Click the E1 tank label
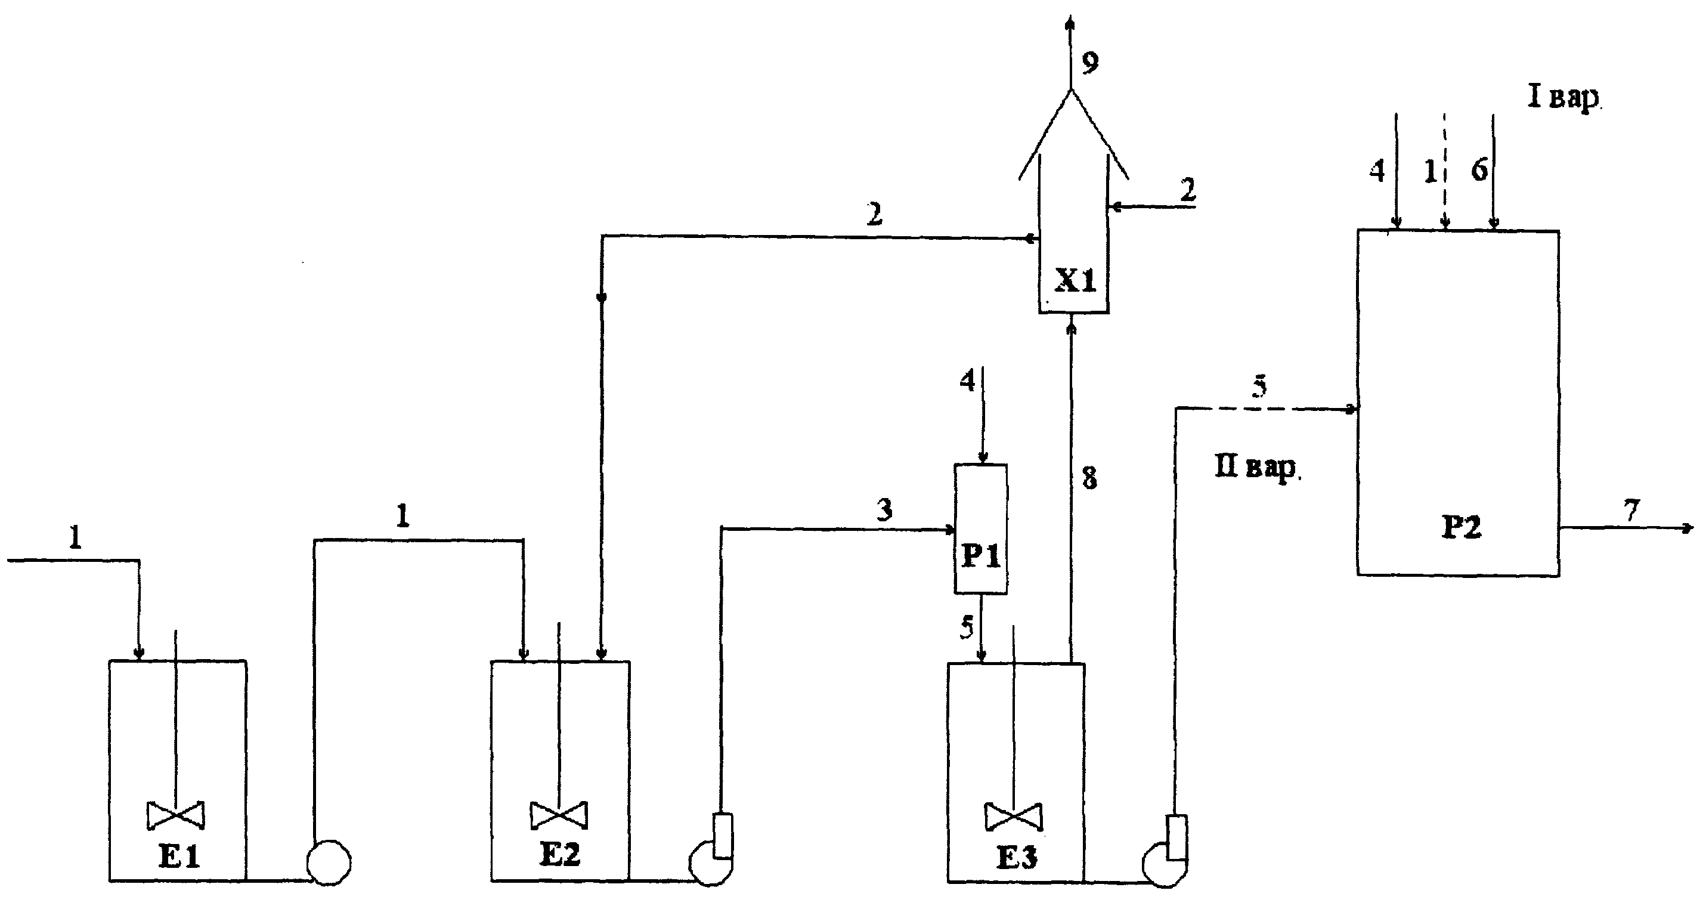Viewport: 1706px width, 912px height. click(x=179, y=857)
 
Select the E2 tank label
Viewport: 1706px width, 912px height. click(x=561, y=854)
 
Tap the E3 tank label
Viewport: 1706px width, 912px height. click(x=1017, y=858)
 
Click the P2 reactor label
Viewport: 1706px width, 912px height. click(x=1462, y=527)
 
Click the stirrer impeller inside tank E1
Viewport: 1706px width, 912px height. click(x=175, y=815)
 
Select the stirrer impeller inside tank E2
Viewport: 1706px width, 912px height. click(x=559, y=815)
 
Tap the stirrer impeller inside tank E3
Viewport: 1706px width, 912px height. click(x=1013, y=817)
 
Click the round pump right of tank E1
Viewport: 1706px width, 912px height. click(x=329, y=862)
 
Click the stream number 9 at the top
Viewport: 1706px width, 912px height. click(x=1090, y=62)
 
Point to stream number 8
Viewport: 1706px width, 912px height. click(x=1089, y=478)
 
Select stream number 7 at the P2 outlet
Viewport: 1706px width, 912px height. click(x=1631, y=509)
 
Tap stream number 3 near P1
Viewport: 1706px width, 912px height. click(x=885, y=509)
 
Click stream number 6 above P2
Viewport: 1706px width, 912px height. click(x=1479, y=170)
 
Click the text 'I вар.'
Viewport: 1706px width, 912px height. click(x=1563, y=98)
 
